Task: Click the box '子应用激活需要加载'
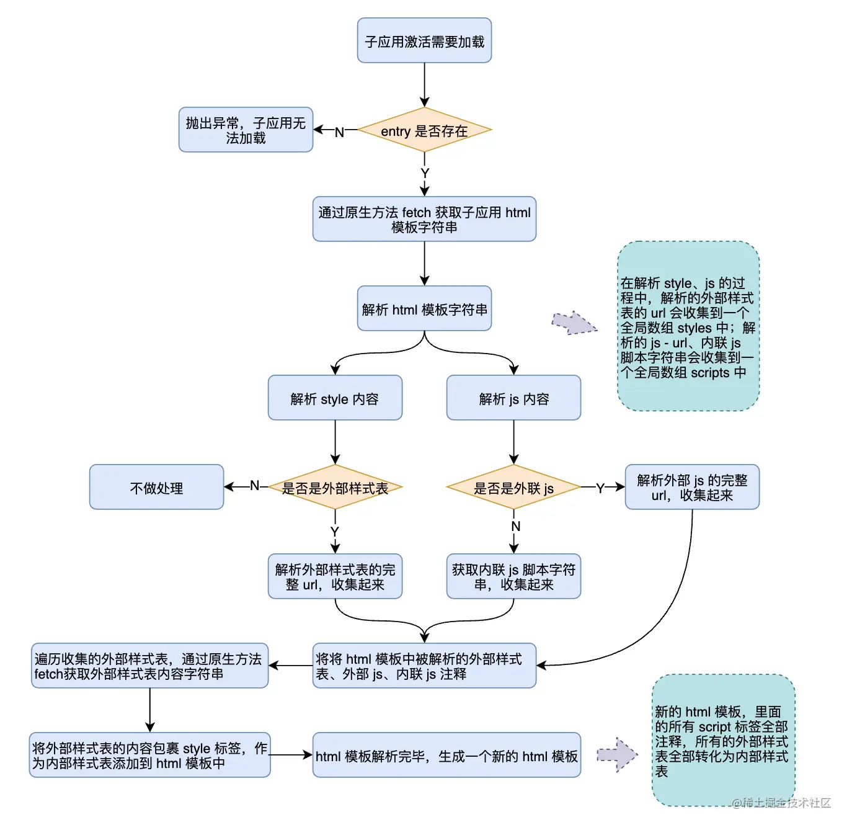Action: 424,41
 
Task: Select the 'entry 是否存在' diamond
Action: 424,130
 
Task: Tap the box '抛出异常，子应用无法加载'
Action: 246,130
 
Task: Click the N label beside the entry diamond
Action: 339,132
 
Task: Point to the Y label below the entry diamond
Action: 425,173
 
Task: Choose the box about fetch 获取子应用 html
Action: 424,220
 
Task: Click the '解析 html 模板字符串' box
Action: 424,309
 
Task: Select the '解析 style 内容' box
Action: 335,398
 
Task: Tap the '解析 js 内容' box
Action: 513,398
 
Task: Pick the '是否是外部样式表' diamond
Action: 335,488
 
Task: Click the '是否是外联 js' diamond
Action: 513,488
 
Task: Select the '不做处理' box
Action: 156,488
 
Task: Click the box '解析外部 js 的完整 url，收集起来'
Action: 692,488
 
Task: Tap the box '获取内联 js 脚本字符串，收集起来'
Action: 513,577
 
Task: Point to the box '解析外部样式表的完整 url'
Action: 335,577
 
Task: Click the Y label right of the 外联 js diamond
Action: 600,488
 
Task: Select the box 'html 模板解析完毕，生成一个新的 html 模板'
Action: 446,756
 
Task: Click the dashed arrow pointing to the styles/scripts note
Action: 574,323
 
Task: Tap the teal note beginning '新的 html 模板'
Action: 723,741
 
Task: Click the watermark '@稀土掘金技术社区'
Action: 781,803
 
